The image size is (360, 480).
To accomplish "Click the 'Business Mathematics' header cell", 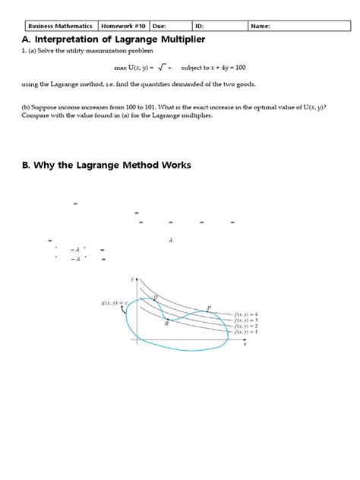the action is tap(59, 26).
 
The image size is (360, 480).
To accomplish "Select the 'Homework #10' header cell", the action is tap(124, 26).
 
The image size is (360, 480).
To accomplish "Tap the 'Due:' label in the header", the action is tap(160, 26).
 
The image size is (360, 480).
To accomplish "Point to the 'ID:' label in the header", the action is tap(201, 26).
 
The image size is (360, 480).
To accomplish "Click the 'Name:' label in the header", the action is tap(261, 26).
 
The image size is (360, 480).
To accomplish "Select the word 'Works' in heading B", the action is tap(175, 166).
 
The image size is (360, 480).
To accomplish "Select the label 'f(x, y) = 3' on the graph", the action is tap(246, 321).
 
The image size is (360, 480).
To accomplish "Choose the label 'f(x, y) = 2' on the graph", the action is tap(246, 327).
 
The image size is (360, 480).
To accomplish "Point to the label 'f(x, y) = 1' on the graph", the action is tap(246, 333).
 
